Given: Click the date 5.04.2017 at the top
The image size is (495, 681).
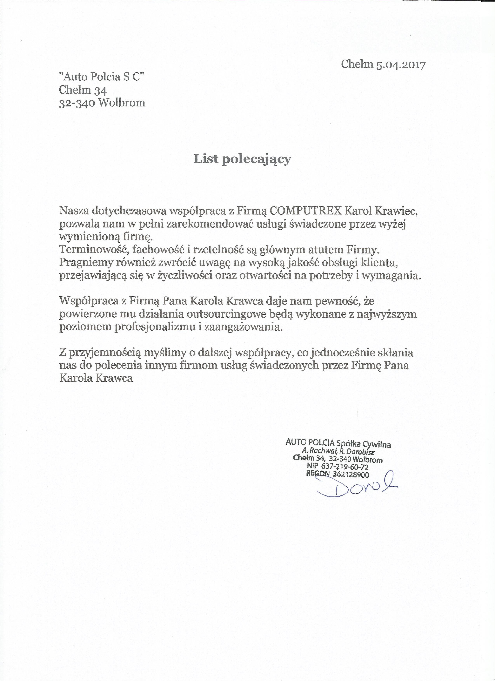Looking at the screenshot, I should (401, 65).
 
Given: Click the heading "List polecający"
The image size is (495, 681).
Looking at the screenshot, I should (242, 159).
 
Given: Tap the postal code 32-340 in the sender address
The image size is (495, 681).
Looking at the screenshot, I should (77, 103).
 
